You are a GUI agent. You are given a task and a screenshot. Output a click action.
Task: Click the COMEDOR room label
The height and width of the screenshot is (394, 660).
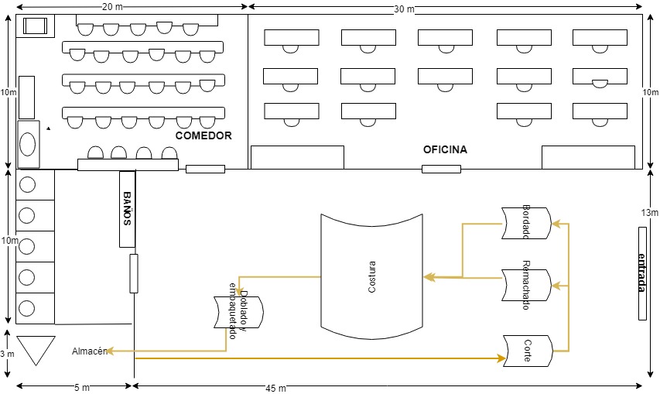(x=203, y=135)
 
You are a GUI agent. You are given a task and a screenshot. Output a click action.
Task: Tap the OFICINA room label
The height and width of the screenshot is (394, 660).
(x=445, y=149)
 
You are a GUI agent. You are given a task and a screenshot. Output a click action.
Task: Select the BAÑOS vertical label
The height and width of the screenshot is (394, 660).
(x=127, y=208)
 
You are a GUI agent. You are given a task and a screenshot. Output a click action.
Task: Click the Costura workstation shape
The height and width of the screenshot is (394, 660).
(x=371, y=276)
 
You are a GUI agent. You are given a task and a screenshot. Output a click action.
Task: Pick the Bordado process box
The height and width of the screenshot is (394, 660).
(x=526, y=223)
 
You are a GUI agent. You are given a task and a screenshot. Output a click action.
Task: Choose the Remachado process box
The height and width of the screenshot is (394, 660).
(x=526, y=285)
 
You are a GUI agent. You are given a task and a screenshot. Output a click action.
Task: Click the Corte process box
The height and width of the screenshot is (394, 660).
(x=528, y=351)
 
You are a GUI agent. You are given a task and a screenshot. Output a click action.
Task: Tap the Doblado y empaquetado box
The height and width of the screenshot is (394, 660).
(x=238, y=312)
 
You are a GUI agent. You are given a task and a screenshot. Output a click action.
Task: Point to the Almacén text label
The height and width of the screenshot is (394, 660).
(x=89, y=351)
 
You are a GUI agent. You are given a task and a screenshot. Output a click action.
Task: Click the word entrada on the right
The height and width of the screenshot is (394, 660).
(x=642, y=272)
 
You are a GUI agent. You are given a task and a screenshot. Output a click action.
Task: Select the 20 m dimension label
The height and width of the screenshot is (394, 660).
(x=112, y=7)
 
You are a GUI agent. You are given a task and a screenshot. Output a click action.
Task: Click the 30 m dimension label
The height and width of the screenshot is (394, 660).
(x=404, y=9)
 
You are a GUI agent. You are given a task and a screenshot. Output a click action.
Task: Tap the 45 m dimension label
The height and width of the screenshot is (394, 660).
(x=275, y=388)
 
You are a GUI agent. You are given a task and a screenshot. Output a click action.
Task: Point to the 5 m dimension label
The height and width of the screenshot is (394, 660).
(x=82, y=387)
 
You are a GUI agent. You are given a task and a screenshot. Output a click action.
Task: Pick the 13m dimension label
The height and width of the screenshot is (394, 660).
(x=649, y=213)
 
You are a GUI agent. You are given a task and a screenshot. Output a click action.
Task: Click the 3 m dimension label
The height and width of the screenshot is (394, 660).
(x=7, y=354)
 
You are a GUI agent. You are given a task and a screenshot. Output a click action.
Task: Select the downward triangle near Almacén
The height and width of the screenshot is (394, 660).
(x=36, y=350)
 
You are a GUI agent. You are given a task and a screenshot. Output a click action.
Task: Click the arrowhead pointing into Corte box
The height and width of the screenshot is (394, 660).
(x=501, y=358)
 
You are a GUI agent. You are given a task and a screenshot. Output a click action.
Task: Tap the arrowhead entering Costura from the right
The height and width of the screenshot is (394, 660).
(x=429, y=277)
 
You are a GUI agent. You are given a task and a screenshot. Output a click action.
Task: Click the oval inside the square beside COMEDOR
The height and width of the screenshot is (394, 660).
(x=27, y=144)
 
